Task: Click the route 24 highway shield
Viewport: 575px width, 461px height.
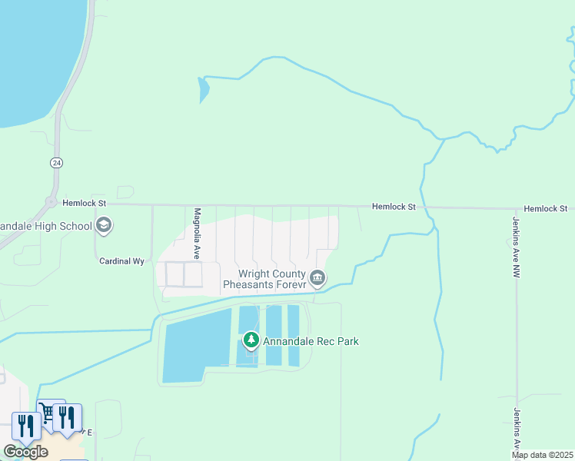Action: point(56,163)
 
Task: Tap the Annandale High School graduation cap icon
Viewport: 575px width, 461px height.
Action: point(104,226)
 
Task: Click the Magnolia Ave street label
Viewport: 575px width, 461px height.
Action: point(197,233)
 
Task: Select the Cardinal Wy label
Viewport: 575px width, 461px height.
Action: point(122,261)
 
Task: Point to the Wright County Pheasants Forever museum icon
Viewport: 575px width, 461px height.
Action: point(317,277)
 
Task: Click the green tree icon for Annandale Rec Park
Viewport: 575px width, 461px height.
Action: point(251,340)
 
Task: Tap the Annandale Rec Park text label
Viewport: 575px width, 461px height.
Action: point(311,341)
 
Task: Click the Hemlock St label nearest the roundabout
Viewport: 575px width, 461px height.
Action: point(85,203)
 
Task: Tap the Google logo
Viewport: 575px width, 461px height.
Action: point(25,452)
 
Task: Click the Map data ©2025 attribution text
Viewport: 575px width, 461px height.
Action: point(541,455)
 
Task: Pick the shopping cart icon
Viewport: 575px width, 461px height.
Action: point(48,414)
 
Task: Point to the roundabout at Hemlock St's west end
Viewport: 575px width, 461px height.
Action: point(52,203)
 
